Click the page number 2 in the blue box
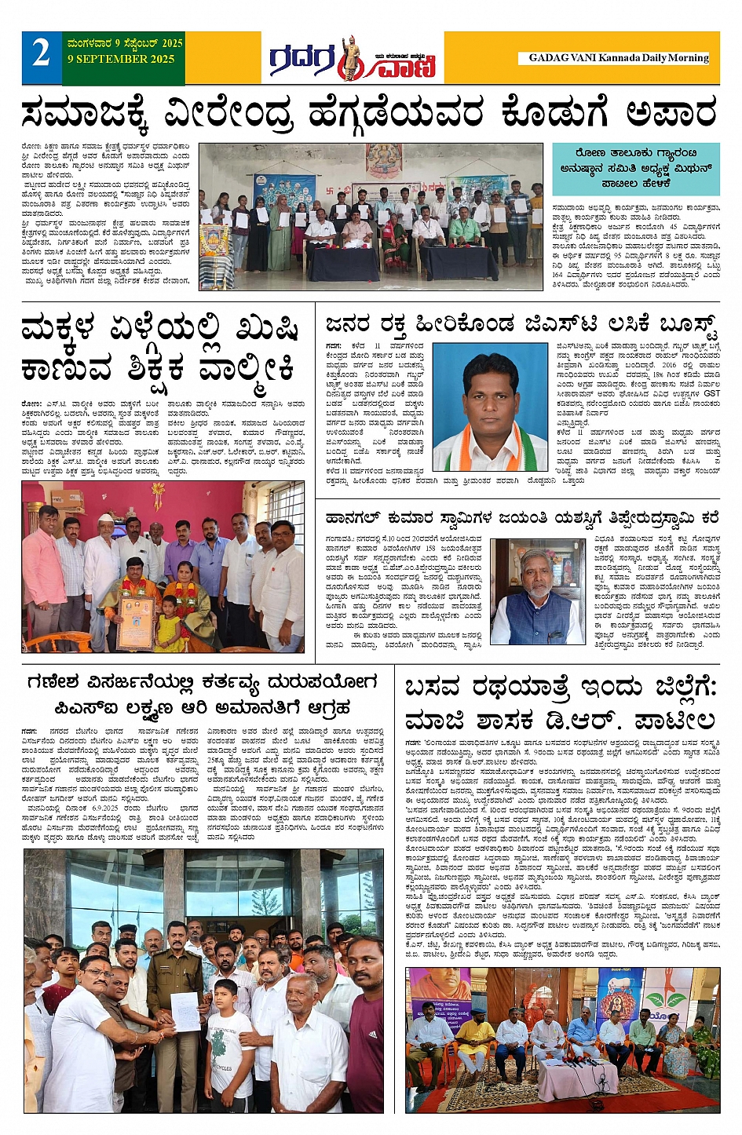click(41, 54)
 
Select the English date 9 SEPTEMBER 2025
click(121, 59)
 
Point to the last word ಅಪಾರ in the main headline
click(672, 112)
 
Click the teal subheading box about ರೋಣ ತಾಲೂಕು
click(635, 168)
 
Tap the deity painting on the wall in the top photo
click(383, 160)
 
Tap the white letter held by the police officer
click(185, 1011)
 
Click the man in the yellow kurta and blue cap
click(474, 1036)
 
